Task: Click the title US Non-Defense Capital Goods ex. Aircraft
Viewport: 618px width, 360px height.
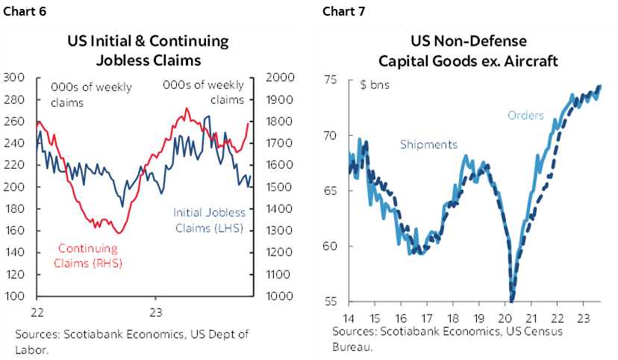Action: click(x=468, y=51)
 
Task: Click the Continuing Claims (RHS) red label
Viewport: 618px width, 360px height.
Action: click(x=90, y=256)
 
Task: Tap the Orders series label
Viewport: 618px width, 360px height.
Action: click(x=525, y=115)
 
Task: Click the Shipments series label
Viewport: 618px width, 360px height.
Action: click(x=428, y=145)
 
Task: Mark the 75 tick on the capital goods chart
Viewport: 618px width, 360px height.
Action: click(x=331, y=80)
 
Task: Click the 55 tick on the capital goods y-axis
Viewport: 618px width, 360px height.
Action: click(x=331, y=302)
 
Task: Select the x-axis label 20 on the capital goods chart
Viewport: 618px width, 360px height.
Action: click(x=511, y=317)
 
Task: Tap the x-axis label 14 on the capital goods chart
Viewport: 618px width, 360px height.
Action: click(x=349, y=317)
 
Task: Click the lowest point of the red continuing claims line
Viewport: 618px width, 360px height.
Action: click(x=119, y=233)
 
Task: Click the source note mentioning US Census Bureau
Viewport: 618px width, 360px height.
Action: click(x=448, y=337)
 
